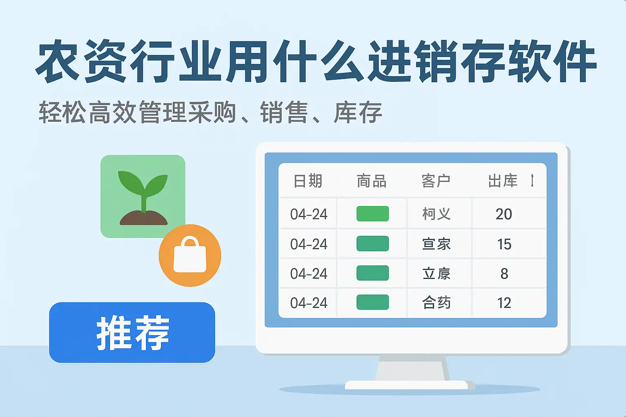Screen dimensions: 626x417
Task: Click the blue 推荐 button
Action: pyautogui.click(x=132, y=332)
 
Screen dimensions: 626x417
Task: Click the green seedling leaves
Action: pyautogui.click(x=143, y=184)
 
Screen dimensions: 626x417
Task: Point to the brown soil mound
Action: pyautogui.click(x=143, y=217)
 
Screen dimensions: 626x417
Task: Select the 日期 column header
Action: pyautogui.click(x=308, y=181)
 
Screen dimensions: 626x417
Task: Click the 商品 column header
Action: pyautogui.click(x=372, y=181)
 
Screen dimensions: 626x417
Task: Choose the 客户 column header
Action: pyautogui.click(x=436, y=181)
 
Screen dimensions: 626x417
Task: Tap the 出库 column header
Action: pyautogui.click(x=503, y=181)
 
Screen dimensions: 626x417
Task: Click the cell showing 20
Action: pyautogui.click(x=504, y=214)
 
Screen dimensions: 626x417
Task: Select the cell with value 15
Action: pyautogui.click(x=504, y=244)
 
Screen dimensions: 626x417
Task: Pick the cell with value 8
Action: pyautogui.click(x=504, y=273)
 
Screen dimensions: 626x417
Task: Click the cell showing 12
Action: pyautogui.click(x=504, y=303)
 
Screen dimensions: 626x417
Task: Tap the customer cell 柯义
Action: pyautogui.click(x=436, y=214)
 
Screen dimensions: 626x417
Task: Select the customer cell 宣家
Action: pyautogui.click(x=436, y=244)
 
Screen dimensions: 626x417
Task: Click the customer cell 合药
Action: pyautogui.click(x=436, y=303)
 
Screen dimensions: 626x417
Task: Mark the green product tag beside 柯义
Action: pyautogui.click(x=373, y=214)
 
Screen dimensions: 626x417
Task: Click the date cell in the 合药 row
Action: pyautogui.click(x=309, y=303)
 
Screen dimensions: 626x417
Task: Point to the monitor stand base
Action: pyautogui.click(x=406, y=385)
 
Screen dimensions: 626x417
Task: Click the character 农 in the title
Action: pyautogui.click(x=58, y=61)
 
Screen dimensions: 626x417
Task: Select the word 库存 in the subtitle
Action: pyautogui.click(x=358, y=112)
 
